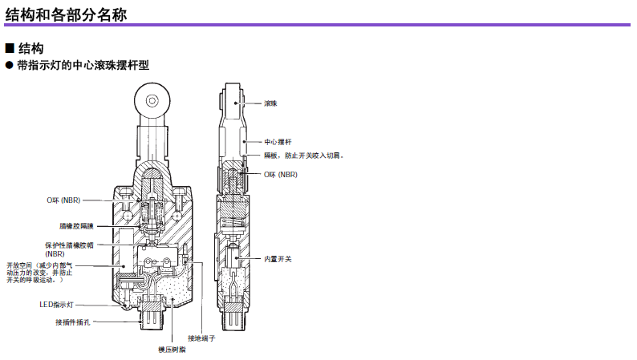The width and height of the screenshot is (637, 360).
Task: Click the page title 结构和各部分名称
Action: [x=66, y=14]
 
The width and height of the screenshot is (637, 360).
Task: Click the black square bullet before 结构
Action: [x=10, y=48]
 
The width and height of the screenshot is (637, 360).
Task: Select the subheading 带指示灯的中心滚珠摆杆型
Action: [x=83, y=65]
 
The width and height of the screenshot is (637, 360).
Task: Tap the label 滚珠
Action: [x=270, y=103]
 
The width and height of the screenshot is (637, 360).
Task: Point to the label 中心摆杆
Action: [x=278, y=142]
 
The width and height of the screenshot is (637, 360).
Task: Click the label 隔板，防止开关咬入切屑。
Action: [x=304, y=156]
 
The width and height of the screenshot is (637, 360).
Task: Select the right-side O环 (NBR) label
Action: [x=281, y=175]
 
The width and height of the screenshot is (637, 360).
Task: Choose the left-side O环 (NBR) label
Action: [x=63, y=200]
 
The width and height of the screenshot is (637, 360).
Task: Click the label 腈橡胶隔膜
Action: [x=76, y=226]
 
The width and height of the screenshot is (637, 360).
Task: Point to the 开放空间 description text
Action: [x=39, y=273]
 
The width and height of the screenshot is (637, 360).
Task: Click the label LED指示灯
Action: [x=56, y=305]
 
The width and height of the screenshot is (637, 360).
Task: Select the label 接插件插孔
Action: [x=73, y=322]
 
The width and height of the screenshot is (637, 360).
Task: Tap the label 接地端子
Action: [x=201, y=338]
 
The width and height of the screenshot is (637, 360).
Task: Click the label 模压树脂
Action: [x=172, y=350]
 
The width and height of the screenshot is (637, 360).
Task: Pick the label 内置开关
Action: [x=278, y=259]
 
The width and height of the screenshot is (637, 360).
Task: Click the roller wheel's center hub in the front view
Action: [x=152, y=100]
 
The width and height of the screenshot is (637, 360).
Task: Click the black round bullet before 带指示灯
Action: [x=10, y=65]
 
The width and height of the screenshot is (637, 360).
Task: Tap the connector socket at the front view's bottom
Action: [x=152, y=313]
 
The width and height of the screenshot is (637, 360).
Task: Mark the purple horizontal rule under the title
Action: [x=317, y=25]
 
